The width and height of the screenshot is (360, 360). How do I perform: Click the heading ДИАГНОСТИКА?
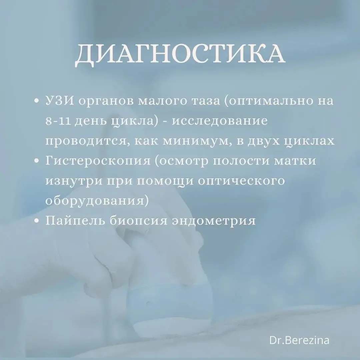180,54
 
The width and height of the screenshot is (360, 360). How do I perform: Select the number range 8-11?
59,121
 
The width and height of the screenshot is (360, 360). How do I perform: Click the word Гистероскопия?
98,161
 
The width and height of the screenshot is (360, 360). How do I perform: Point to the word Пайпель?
75,221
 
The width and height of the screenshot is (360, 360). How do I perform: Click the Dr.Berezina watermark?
299,340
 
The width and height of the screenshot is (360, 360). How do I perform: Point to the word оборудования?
97,201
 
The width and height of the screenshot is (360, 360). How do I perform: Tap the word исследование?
220,121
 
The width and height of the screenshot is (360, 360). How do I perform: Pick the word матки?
295,161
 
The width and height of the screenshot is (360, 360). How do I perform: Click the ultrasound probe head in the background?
147,298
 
